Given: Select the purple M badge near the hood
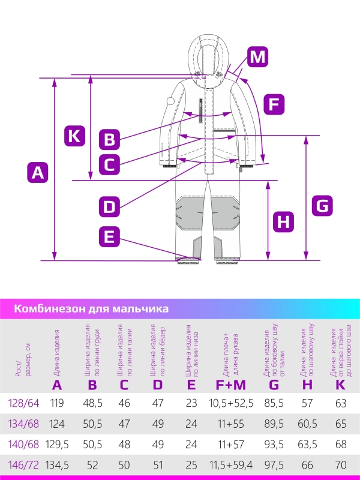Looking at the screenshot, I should [x=257, y=57].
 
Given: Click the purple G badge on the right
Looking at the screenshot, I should [x=322, y=206].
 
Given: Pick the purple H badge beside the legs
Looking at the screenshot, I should [x=284, y=222].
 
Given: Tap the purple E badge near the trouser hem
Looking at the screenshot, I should [x=109, y=236].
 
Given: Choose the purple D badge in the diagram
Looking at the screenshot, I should [x=109, y=207].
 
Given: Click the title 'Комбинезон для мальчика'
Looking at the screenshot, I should [x=91, y=309].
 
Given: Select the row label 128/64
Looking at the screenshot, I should [x=25, y=403].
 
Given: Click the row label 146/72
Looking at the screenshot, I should [x=25, y=464].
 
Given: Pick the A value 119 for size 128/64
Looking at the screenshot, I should [x=57, y=403].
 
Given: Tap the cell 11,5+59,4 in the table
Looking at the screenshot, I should [x=231, y=464].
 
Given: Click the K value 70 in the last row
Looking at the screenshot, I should [x=341, y=464].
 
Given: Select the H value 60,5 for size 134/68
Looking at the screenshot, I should [x=307, y=424].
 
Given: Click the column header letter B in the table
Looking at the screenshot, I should [x=92, y=385].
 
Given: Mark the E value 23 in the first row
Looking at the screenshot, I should [x=191, y=403].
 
